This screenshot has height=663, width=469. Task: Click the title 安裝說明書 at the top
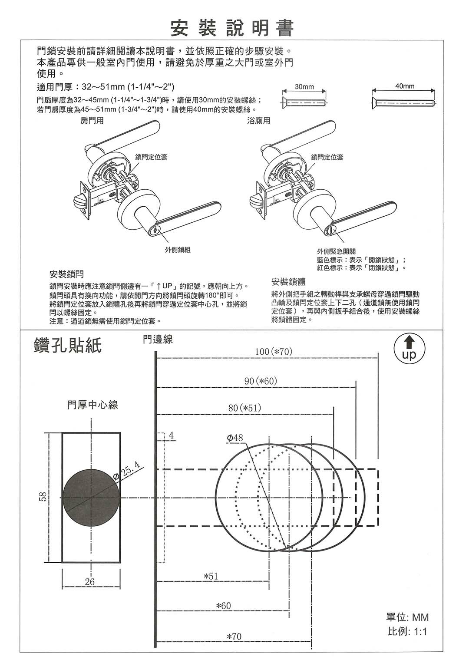(232, 28)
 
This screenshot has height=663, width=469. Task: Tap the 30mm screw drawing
(304, 103)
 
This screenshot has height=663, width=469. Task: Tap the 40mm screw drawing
(404, 103)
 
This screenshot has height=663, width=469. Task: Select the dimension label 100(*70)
(273, 351)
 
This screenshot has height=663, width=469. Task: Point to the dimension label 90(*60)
(261, 381)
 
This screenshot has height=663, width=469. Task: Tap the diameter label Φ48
(235, 438)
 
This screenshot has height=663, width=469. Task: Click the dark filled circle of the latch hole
(91, 497)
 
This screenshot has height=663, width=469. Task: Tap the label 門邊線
(158, 340)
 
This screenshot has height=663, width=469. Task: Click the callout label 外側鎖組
(178, 250)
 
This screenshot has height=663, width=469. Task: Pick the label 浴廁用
(259, 121)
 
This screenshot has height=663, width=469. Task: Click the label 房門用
(92, 121)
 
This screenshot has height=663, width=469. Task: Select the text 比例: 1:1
(407, 631)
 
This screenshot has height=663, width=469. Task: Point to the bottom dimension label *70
(234, 637)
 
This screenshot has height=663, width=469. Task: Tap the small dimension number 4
(171, 435)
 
